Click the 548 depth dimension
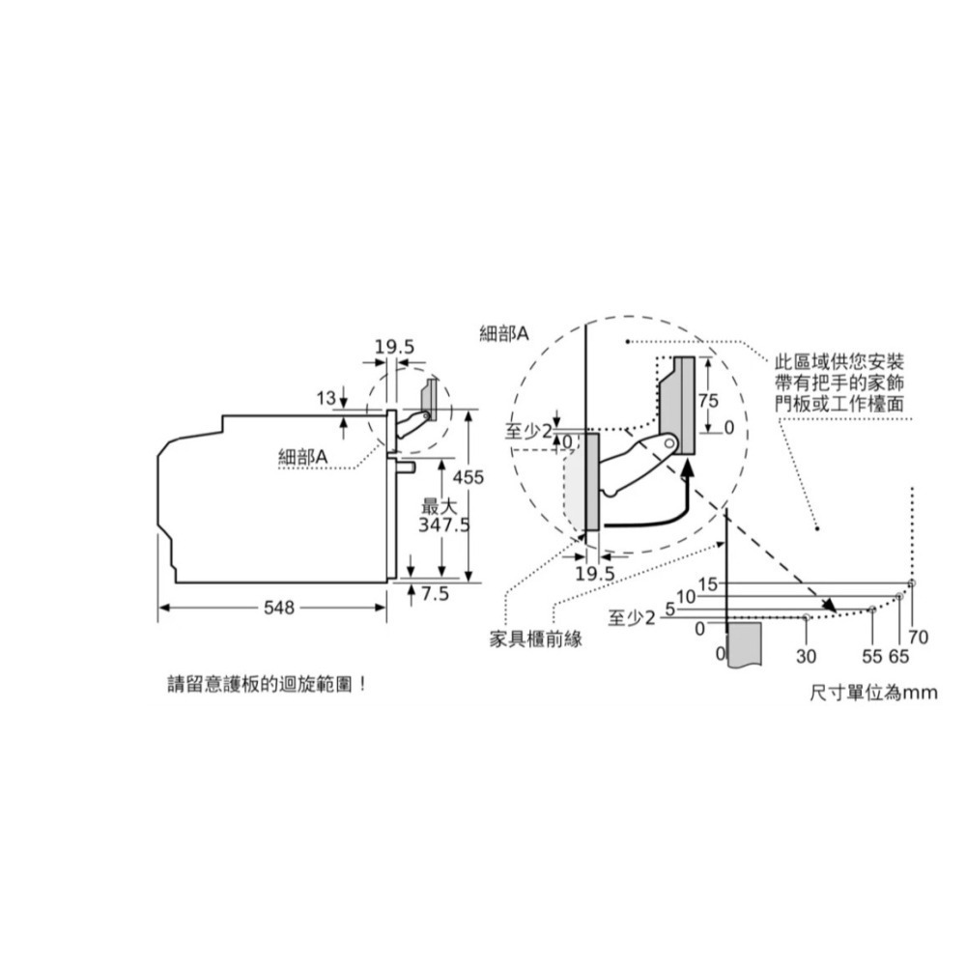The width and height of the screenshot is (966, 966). coord(279,608)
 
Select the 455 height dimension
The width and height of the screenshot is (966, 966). coord(469,477)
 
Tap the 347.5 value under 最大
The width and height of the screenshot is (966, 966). coord(443,525)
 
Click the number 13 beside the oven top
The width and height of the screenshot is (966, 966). coord(326,399)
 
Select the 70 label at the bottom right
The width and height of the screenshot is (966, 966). coord(919,638)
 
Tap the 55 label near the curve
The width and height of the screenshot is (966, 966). coord(872,656)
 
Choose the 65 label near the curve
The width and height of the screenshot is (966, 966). coord(899,656)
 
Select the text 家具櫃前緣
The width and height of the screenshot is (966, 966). coord(535,639)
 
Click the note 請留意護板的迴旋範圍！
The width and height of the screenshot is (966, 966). coord(268,685)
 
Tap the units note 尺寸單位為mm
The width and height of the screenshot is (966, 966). coord(874,693)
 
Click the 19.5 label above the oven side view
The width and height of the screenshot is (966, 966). coord(394,347)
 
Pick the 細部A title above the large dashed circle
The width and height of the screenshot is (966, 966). coord(504,334)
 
